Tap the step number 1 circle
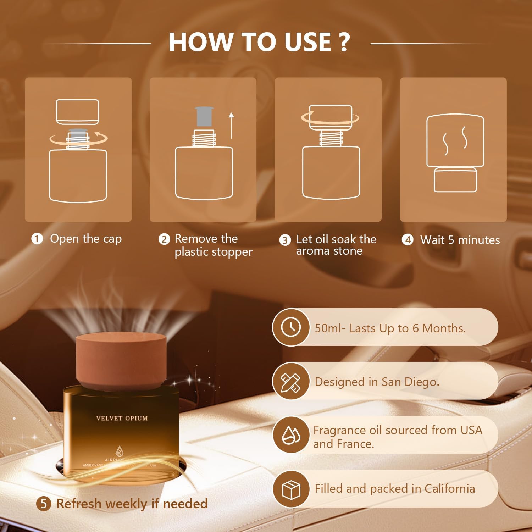tap(37, 239)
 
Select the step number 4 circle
tap(408, 240)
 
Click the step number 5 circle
tap(44, 503)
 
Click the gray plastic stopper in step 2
tap(204, 116)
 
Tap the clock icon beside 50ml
tap(290, 327)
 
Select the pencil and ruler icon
tap(290, 381)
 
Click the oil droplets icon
tap(290, 435)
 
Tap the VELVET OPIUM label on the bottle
tap(122, 418)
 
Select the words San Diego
tap(410, 382)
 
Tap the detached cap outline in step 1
tap(77, 112)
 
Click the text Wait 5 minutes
tap(460, 240)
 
